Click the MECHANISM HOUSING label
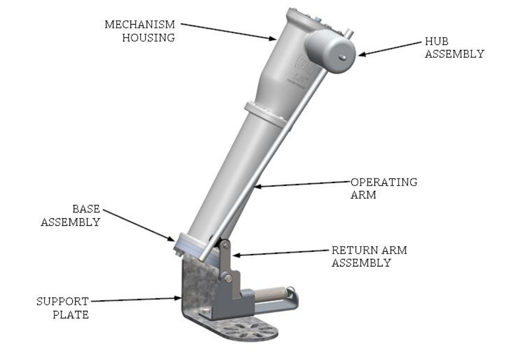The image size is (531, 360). pos(139,31)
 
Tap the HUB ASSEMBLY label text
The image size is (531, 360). pos(454,48)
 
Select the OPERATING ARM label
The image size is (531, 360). pos(383,188)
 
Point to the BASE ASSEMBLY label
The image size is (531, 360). pos(71,215)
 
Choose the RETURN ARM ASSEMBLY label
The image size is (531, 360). pos(369,256)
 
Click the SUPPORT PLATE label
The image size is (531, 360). pos(63,308)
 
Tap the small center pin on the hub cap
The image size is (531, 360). pos(344,57)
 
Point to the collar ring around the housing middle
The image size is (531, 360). pos(265,113)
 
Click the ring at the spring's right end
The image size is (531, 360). pos(293,290)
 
